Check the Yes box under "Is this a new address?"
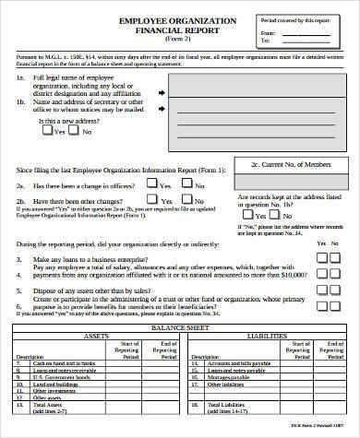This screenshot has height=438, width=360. click(x=48, y=131)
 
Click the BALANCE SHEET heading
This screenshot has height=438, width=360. click(x=180, y=326)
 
